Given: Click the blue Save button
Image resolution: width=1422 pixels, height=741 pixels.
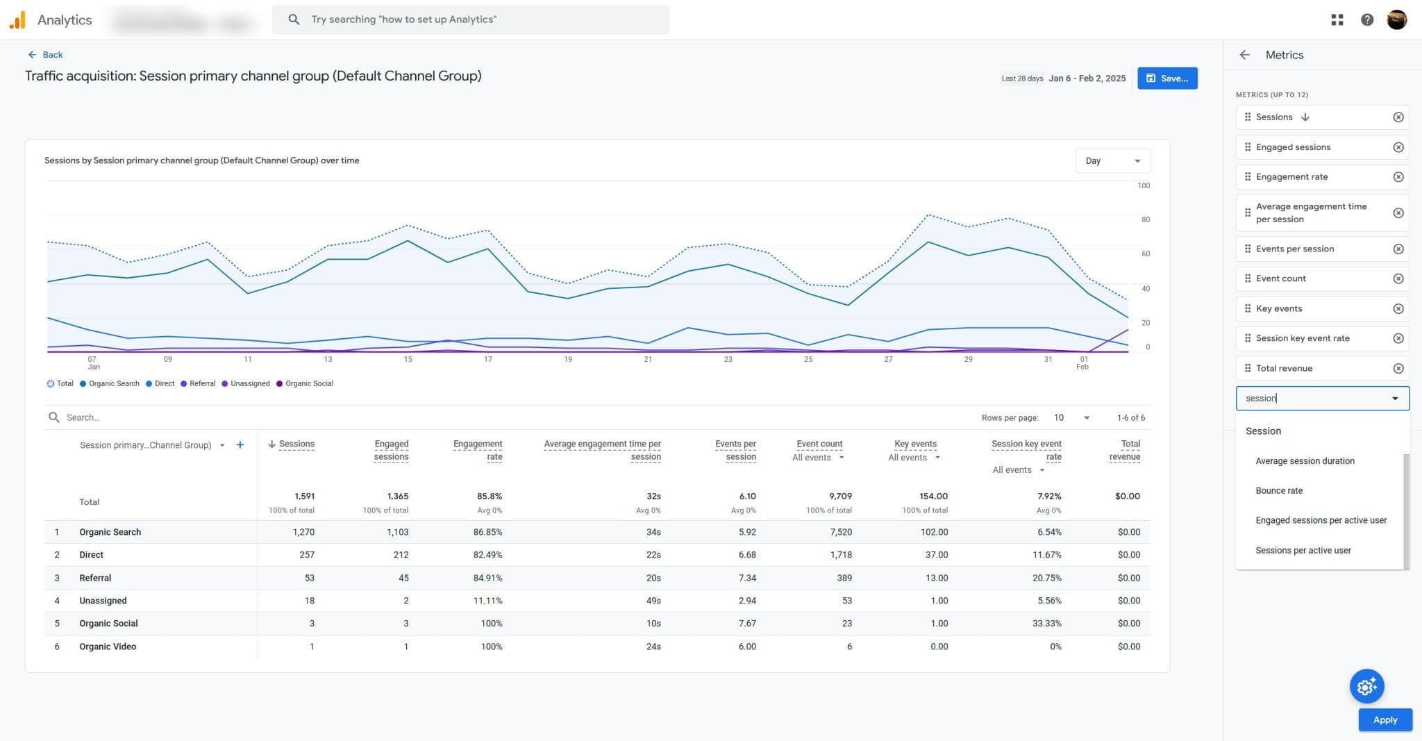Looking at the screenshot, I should point(1166,78).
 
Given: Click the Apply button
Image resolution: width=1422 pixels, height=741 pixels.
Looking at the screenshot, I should point(1385,719).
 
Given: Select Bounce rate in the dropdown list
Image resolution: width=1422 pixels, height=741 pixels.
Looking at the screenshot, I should point(1278,490).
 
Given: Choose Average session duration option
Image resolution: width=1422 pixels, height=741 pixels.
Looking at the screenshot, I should point(1304,460).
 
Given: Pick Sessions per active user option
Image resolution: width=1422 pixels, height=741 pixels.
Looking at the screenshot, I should point(1303,550).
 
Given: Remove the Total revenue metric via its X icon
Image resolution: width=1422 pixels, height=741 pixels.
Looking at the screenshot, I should point(1398,368).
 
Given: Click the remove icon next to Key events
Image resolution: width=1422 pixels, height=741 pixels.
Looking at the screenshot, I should point(1398,308).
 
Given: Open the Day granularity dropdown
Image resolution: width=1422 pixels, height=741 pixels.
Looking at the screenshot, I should point(1112,161).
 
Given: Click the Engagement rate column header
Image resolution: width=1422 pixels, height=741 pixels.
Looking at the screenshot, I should point(477,450).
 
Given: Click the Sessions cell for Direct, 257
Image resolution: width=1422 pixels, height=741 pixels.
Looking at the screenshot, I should point(306,555).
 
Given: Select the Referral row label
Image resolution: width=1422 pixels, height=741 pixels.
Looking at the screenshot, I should point(95,578).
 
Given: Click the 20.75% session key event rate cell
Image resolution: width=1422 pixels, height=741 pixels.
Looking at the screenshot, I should point(1046,578).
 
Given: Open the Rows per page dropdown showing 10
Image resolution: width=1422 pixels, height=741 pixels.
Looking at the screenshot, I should point(1071,417).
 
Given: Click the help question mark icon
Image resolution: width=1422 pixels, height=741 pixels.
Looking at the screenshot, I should point(1366,19).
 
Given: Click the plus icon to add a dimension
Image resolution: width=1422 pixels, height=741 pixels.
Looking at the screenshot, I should point(240,444).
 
